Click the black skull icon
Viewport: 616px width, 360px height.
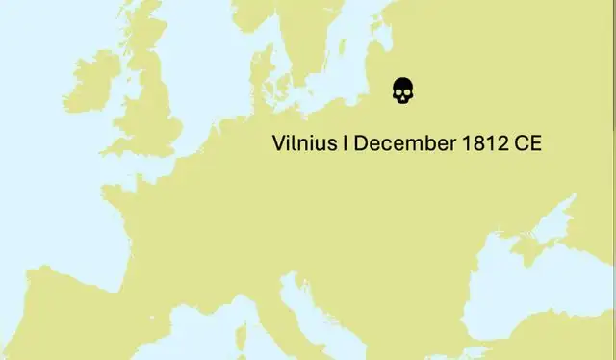(x=402, y=91)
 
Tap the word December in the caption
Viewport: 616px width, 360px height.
(x=402, y=144)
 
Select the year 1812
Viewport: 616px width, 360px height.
(x=487, y=144)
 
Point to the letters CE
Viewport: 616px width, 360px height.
(x=528, y=144)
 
